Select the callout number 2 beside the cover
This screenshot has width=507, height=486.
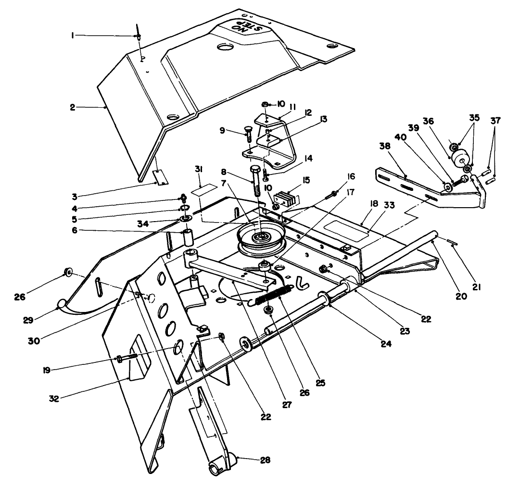coord(72,107)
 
